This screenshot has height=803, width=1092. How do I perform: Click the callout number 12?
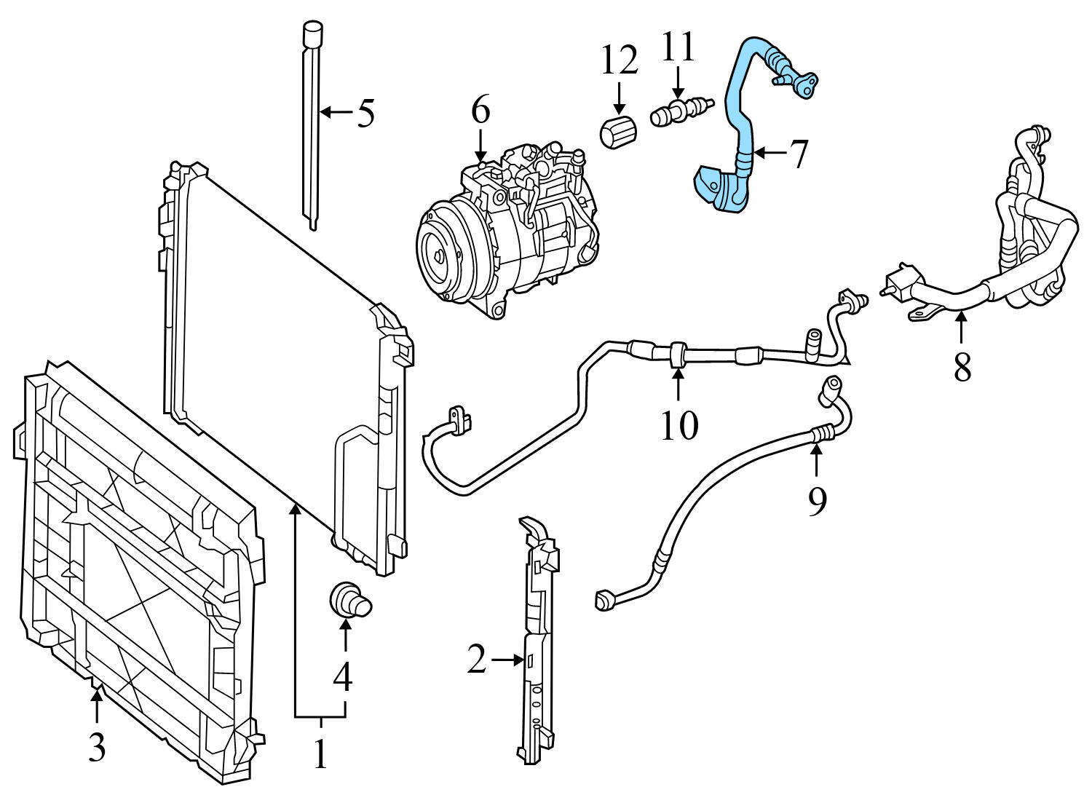(620, 62)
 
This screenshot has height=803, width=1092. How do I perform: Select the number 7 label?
(799, 154)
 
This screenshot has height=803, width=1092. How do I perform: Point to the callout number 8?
(962, 368)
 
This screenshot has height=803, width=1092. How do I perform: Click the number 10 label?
(678, 425)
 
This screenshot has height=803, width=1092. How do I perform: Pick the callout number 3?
(97, 747)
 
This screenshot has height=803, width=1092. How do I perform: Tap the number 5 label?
(365, 113)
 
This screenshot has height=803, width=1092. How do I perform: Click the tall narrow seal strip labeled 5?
(312, 124)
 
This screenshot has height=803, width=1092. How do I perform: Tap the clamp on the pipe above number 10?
(677, 353)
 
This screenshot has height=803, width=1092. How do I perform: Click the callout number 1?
(320, 754)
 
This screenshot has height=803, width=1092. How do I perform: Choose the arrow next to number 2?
(508, 660)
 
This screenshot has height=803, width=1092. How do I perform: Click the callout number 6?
(480, 111)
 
